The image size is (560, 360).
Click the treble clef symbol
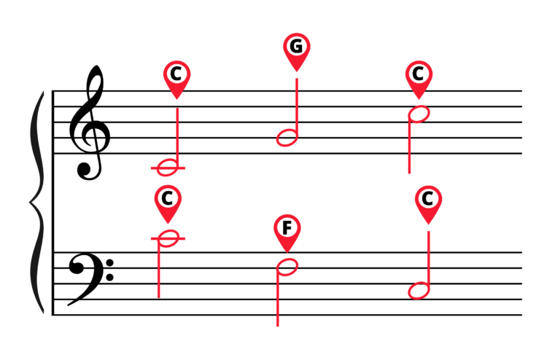pos(89,122)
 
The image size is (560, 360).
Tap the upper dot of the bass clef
pos(110,263)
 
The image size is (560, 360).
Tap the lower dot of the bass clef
pos(110,277)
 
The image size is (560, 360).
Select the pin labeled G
pos(297,52)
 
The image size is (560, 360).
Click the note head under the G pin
pos(287,137)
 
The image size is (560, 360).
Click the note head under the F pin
pos(287,267)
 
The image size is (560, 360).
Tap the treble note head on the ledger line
pos(168,168)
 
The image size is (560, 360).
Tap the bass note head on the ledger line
pos(168,238)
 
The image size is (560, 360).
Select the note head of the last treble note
pos(419,114)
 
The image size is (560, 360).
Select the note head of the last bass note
pos(419,291)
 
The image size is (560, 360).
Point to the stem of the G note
pos(297,107)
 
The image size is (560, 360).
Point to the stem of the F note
pos(278,297)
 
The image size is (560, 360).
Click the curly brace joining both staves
pos(37,203)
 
